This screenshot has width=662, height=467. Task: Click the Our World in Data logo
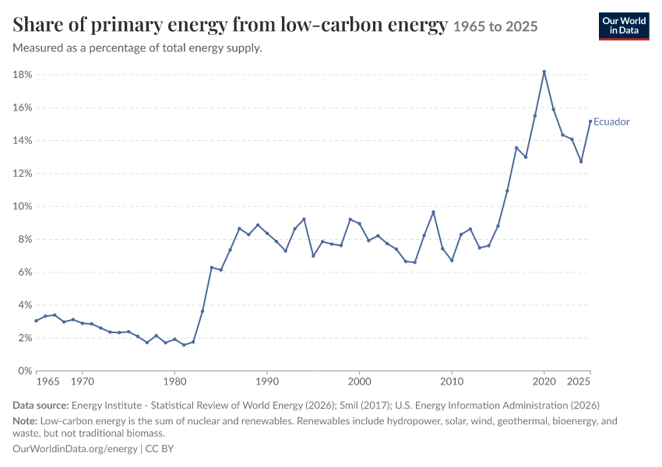tap(624, 26)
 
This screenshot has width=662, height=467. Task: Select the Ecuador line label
tap(611, 121)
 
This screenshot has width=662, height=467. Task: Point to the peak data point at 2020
tap(544, 72)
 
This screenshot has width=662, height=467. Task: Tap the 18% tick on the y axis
tap(23, 75)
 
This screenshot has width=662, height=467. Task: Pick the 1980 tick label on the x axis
tap(174, 382)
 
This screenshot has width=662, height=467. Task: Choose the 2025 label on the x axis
tap(579, 382)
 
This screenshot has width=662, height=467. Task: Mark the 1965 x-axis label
tap(48, 382)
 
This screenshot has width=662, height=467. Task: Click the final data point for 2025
tap(590, 121)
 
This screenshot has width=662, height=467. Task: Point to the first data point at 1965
tap(37, 321)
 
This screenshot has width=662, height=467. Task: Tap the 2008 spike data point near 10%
tap(433, 212)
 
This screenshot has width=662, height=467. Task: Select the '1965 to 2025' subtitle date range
tap(495, 26)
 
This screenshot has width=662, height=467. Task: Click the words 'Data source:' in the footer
tap(40, 406)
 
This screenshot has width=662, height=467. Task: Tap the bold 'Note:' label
tap(26, 421)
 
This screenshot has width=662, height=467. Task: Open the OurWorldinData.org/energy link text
tap(75, 449)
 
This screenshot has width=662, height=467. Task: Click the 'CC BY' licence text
tap(160, 449)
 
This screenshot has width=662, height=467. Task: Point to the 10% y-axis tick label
tap(23, 206)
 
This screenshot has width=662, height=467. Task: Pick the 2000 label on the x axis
tap(359, 382)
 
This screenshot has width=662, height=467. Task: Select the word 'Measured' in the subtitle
tap(37, 48)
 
